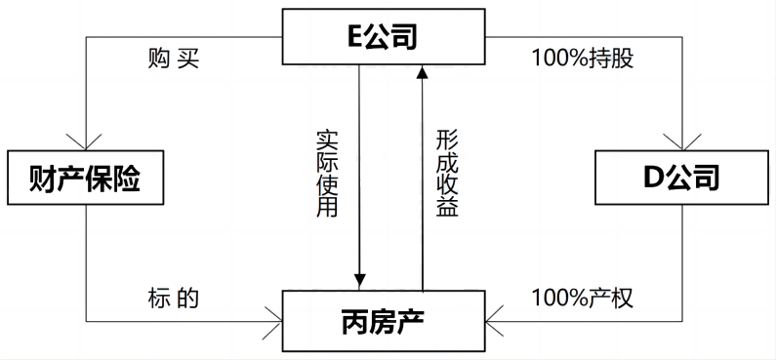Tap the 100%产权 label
pyautogui.click(x=583, y=298)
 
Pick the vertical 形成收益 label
pyautogui.click(x=446, y=174)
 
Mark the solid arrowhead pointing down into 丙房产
pyautogui.click(x=359, y=282)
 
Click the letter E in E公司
pyautogui.click(x=353, y=37)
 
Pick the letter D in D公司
pyautogui.click(x=652, y=178)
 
